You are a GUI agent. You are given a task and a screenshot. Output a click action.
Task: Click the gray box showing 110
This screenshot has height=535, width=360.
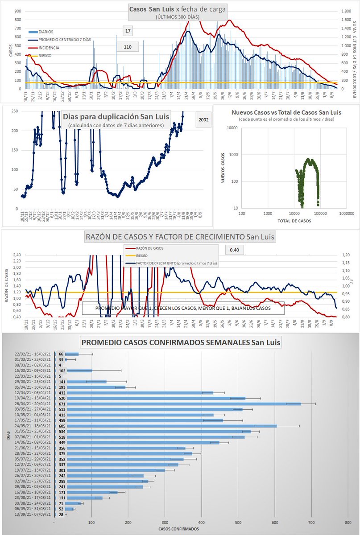tap(128, 46)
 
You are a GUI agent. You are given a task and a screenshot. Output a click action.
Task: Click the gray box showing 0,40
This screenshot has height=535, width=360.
tap(234, 250)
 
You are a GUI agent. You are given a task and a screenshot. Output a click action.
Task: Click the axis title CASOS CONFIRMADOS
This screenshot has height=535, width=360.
tap(178, 529)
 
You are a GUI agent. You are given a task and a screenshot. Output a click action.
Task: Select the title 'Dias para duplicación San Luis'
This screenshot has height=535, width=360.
tap(116, 117)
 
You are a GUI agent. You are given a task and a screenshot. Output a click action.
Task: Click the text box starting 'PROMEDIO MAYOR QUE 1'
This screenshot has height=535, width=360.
tap(183, 308)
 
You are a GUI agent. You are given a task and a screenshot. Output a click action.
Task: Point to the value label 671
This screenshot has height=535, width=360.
tap(62, 403)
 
